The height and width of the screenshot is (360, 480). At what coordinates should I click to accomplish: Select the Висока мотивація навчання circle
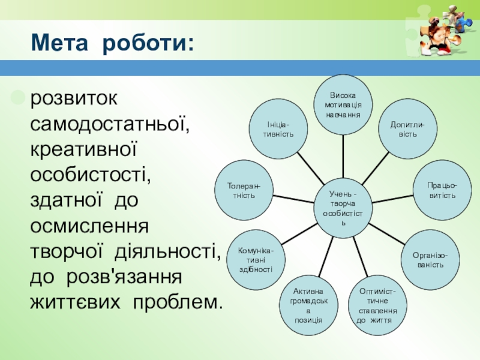tap(343, 104)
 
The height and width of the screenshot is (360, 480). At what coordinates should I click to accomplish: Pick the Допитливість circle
tap(407, 128)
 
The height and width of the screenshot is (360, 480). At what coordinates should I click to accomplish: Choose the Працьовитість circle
tap(441, 191)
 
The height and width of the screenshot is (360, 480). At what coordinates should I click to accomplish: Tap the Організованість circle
tap(428, 259)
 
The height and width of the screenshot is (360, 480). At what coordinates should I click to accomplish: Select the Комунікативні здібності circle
tap(256, 260)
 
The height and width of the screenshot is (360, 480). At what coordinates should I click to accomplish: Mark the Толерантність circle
tap(244, 191)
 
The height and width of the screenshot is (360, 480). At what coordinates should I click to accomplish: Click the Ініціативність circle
tap(278, 128)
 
